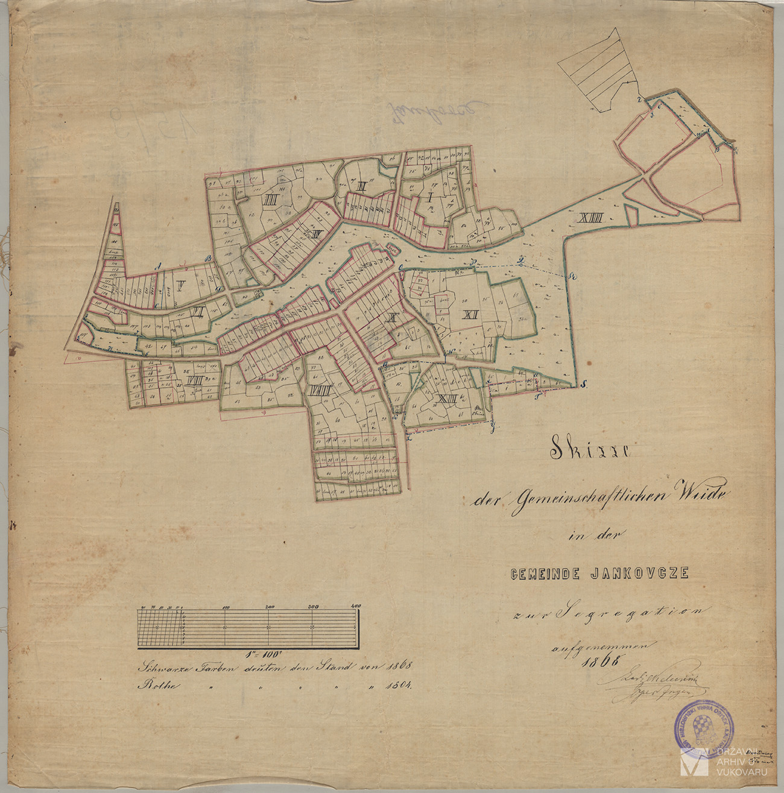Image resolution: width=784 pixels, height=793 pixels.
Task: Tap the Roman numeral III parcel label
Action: pyautogui.click(x=270, y=200)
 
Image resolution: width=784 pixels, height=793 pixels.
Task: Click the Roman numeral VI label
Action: pyautogui.click(x=198, y=312)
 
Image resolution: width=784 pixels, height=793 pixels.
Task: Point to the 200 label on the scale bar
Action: pyautogui.click(x=269, y=606)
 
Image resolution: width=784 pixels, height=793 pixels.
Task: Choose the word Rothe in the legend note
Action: pyautogui.click(x=154, y=686)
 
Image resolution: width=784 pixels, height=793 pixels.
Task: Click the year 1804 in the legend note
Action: pyautogui.click(x=400, y=686)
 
